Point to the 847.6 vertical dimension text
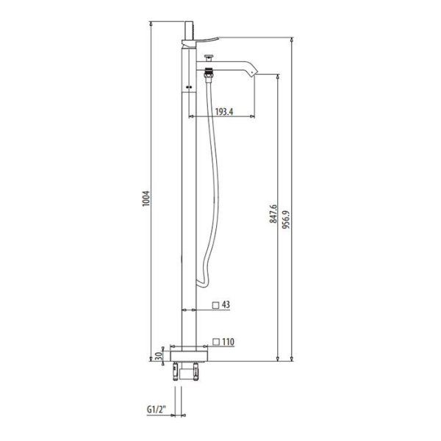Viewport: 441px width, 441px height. [273, 213]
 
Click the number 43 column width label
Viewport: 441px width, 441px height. [226, 304]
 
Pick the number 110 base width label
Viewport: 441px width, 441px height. [229, 341]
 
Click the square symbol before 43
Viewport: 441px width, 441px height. [215, 304]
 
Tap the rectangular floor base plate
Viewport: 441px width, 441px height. [188, 354]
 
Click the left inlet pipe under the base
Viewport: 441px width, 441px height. [176, 371]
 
